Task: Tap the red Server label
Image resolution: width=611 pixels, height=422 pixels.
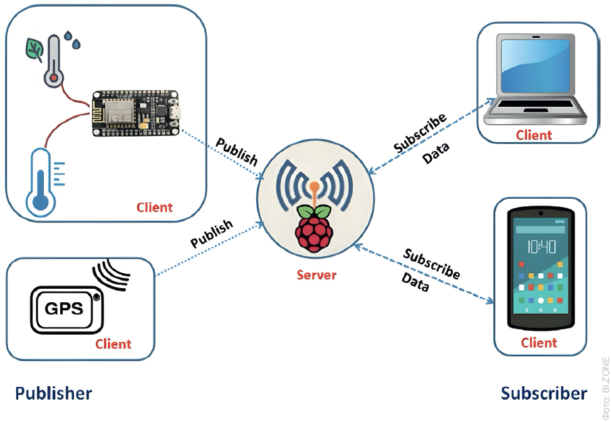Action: tap(316, 275)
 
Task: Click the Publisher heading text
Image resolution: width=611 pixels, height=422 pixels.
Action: tap(53, 394)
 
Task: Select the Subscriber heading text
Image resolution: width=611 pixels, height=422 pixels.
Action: tap(543, 394)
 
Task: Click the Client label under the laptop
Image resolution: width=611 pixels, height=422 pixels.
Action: tap(533, 135)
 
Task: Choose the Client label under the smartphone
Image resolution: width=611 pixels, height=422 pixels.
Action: tap(539, 343)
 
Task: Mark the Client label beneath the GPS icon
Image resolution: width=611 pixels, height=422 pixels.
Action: tap(113, 344)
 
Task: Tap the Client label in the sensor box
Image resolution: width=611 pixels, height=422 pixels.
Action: tap(154, 207)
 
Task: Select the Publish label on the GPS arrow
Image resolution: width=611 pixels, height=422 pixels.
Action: tap(212, 233)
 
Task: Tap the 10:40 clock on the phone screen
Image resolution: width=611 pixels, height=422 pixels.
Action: tap(541, 246)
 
